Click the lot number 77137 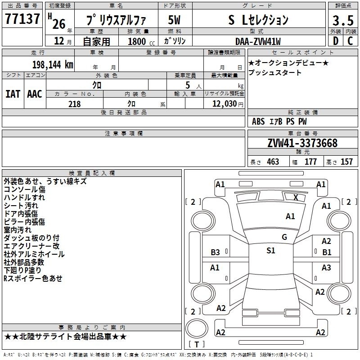point(22,19)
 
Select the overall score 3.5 point(343,21)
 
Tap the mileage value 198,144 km point(53,65)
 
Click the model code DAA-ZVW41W point(258,41)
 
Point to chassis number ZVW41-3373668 point(302,143)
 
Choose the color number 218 point(74,104)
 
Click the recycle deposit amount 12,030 point(224,104)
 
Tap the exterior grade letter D point(336,41)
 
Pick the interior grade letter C point(350,41)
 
